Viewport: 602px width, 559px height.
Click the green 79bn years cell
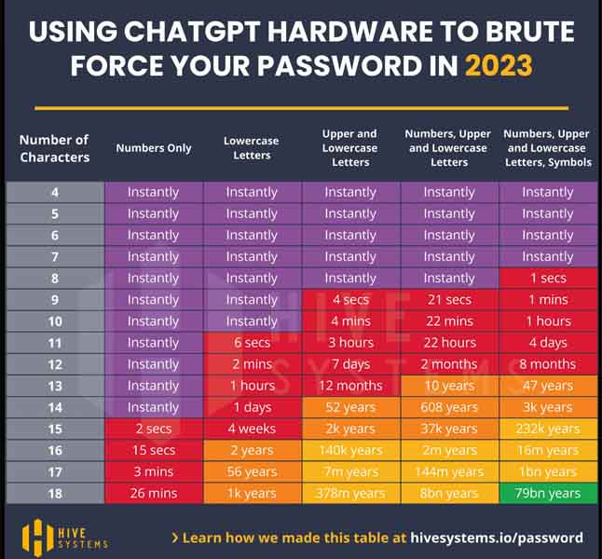tap(548, 493)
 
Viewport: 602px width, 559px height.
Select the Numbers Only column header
tap(154, 147)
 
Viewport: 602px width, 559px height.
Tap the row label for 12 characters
tap(55, 364)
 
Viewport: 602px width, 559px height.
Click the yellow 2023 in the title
tap(499, 66)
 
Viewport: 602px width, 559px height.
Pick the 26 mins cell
tap(154, 493)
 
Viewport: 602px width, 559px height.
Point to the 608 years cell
tap(449, 407)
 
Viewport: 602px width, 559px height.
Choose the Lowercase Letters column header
tap(252, 147)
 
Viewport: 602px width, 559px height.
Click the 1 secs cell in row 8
tap(548, 279)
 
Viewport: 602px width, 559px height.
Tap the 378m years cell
tap(350, 493)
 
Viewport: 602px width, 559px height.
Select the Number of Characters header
tap(54, 147)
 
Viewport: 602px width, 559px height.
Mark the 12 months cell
tap(350, 386)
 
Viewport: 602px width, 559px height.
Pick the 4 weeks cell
tap(252, 429)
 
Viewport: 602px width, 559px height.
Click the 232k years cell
tap(548, 429)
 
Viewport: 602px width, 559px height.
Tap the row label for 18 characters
tap(55, 493)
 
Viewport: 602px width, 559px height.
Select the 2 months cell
tap(449, 364)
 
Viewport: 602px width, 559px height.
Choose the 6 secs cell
tap(252, 343)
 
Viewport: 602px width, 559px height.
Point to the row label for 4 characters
tap(55, 192)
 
